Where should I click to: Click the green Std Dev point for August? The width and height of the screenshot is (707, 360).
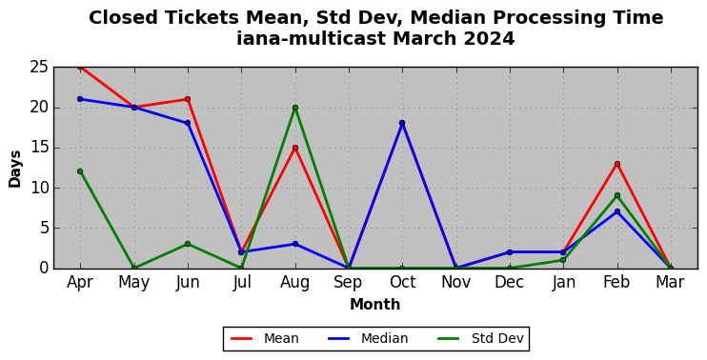pyautogui.click(x=295, y=108)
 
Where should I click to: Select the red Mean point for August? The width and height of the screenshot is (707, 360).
pyautogui.click(x=295, y=148)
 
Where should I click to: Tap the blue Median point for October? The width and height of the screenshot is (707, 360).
pyautogui.click(x=402, y=123)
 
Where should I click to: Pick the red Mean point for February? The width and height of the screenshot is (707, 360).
pyautogui.click(x=617, y=164)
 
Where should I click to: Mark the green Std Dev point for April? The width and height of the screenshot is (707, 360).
pyautogui.click(x=80, y=171)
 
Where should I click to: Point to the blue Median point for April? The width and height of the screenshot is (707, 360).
pyautogui.click(x=80, y=99)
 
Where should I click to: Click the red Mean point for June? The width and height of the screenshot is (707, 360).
pyautogui.click(x=188, y=99)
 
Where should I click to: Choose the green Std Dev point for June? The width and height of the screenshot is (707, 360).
pyautogui.click(x=188, y=244)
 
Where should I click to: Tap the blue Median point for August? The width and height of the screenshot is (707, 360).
pyautogui.click(x=295, y=244)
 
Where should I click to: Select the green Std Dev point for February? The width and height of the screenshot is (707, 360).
pyautogui.click(x=617, y=195)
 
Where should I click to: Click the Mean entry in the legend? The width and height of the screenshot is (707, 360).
pyautogui.click(x=265, y=338)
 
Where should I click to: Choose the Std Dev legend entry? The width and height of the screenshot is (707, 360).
pyautogui.click(x=480, y=338)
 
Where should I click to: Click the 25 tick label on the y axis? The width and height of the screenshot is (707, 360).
pyautogui.click(x=39, y=68)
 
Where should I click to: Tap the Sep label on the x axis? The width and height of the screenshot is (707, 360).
pyautogui.click(x=348, y=283)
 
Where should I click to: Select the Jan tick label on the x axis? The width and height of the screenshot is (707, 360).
pyautogui.click(x=564, y=283)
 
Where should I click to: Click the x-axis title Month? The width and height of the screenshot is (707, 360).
pyautogui.click(x=375, y=305)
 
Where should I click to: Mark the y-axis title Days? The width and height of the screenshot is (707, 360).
pyautogui.click(x=15, y=169)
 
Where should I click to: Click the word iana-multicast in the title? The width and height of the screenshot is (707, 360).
pyautogui.click(x=312, y=39)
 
